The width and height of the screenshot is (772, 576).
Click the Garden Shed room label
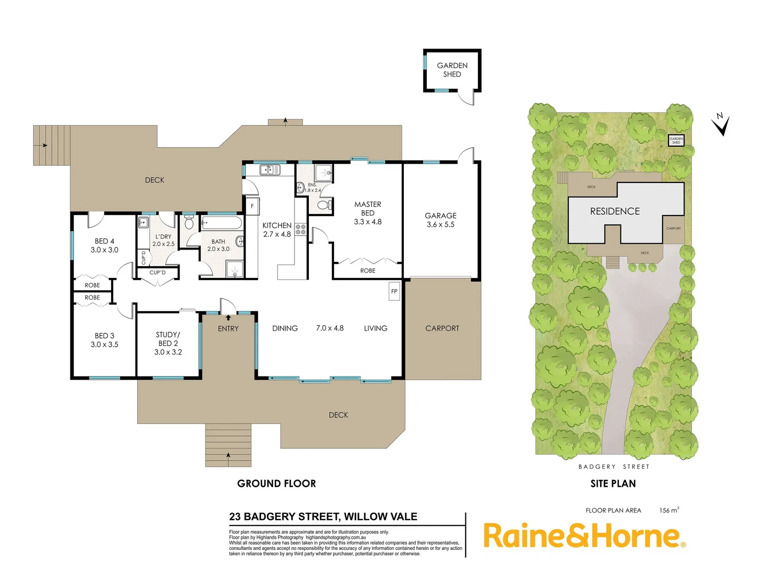(452, 70)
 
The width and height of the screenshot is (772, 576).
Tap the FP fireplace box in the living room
(394, 291)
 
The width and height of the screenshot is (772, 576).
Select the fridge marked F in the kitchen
(252, 206)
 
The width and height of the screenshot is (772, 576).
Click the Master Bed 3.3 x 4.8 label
(368, 213)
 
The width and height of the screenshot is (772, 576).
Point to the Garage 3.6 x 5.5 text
(441, 220)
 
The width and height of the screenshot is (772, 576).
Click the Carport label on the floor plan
(442, 329)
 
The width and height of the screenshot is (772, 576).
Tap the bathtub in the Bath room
(221, 222)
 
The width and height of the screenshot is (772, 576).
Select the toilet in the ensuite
(324, 205)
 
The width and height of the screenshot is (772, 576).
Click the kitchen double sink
(269, 170)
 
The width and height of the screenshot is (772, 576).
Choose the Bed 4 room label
(105, 245)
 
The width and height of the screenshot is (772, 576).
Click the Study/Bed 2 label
(168, 343)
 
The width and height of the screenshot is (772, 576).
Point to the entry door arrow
(228, 317)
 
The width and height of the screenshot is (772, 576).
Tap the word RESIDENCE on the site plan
(615, 211)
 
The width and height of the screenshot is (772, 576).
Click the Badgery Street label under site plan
(614, 467)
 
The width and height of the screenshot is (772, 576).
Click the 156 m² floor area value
(669, 510)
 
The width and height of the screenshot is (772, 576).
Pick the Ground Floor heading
(276, 484)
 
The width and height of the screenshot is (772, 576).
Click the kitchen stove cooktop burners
(300, 230)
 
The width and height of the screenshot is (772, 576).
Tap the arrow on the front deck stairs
(228, 455)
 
